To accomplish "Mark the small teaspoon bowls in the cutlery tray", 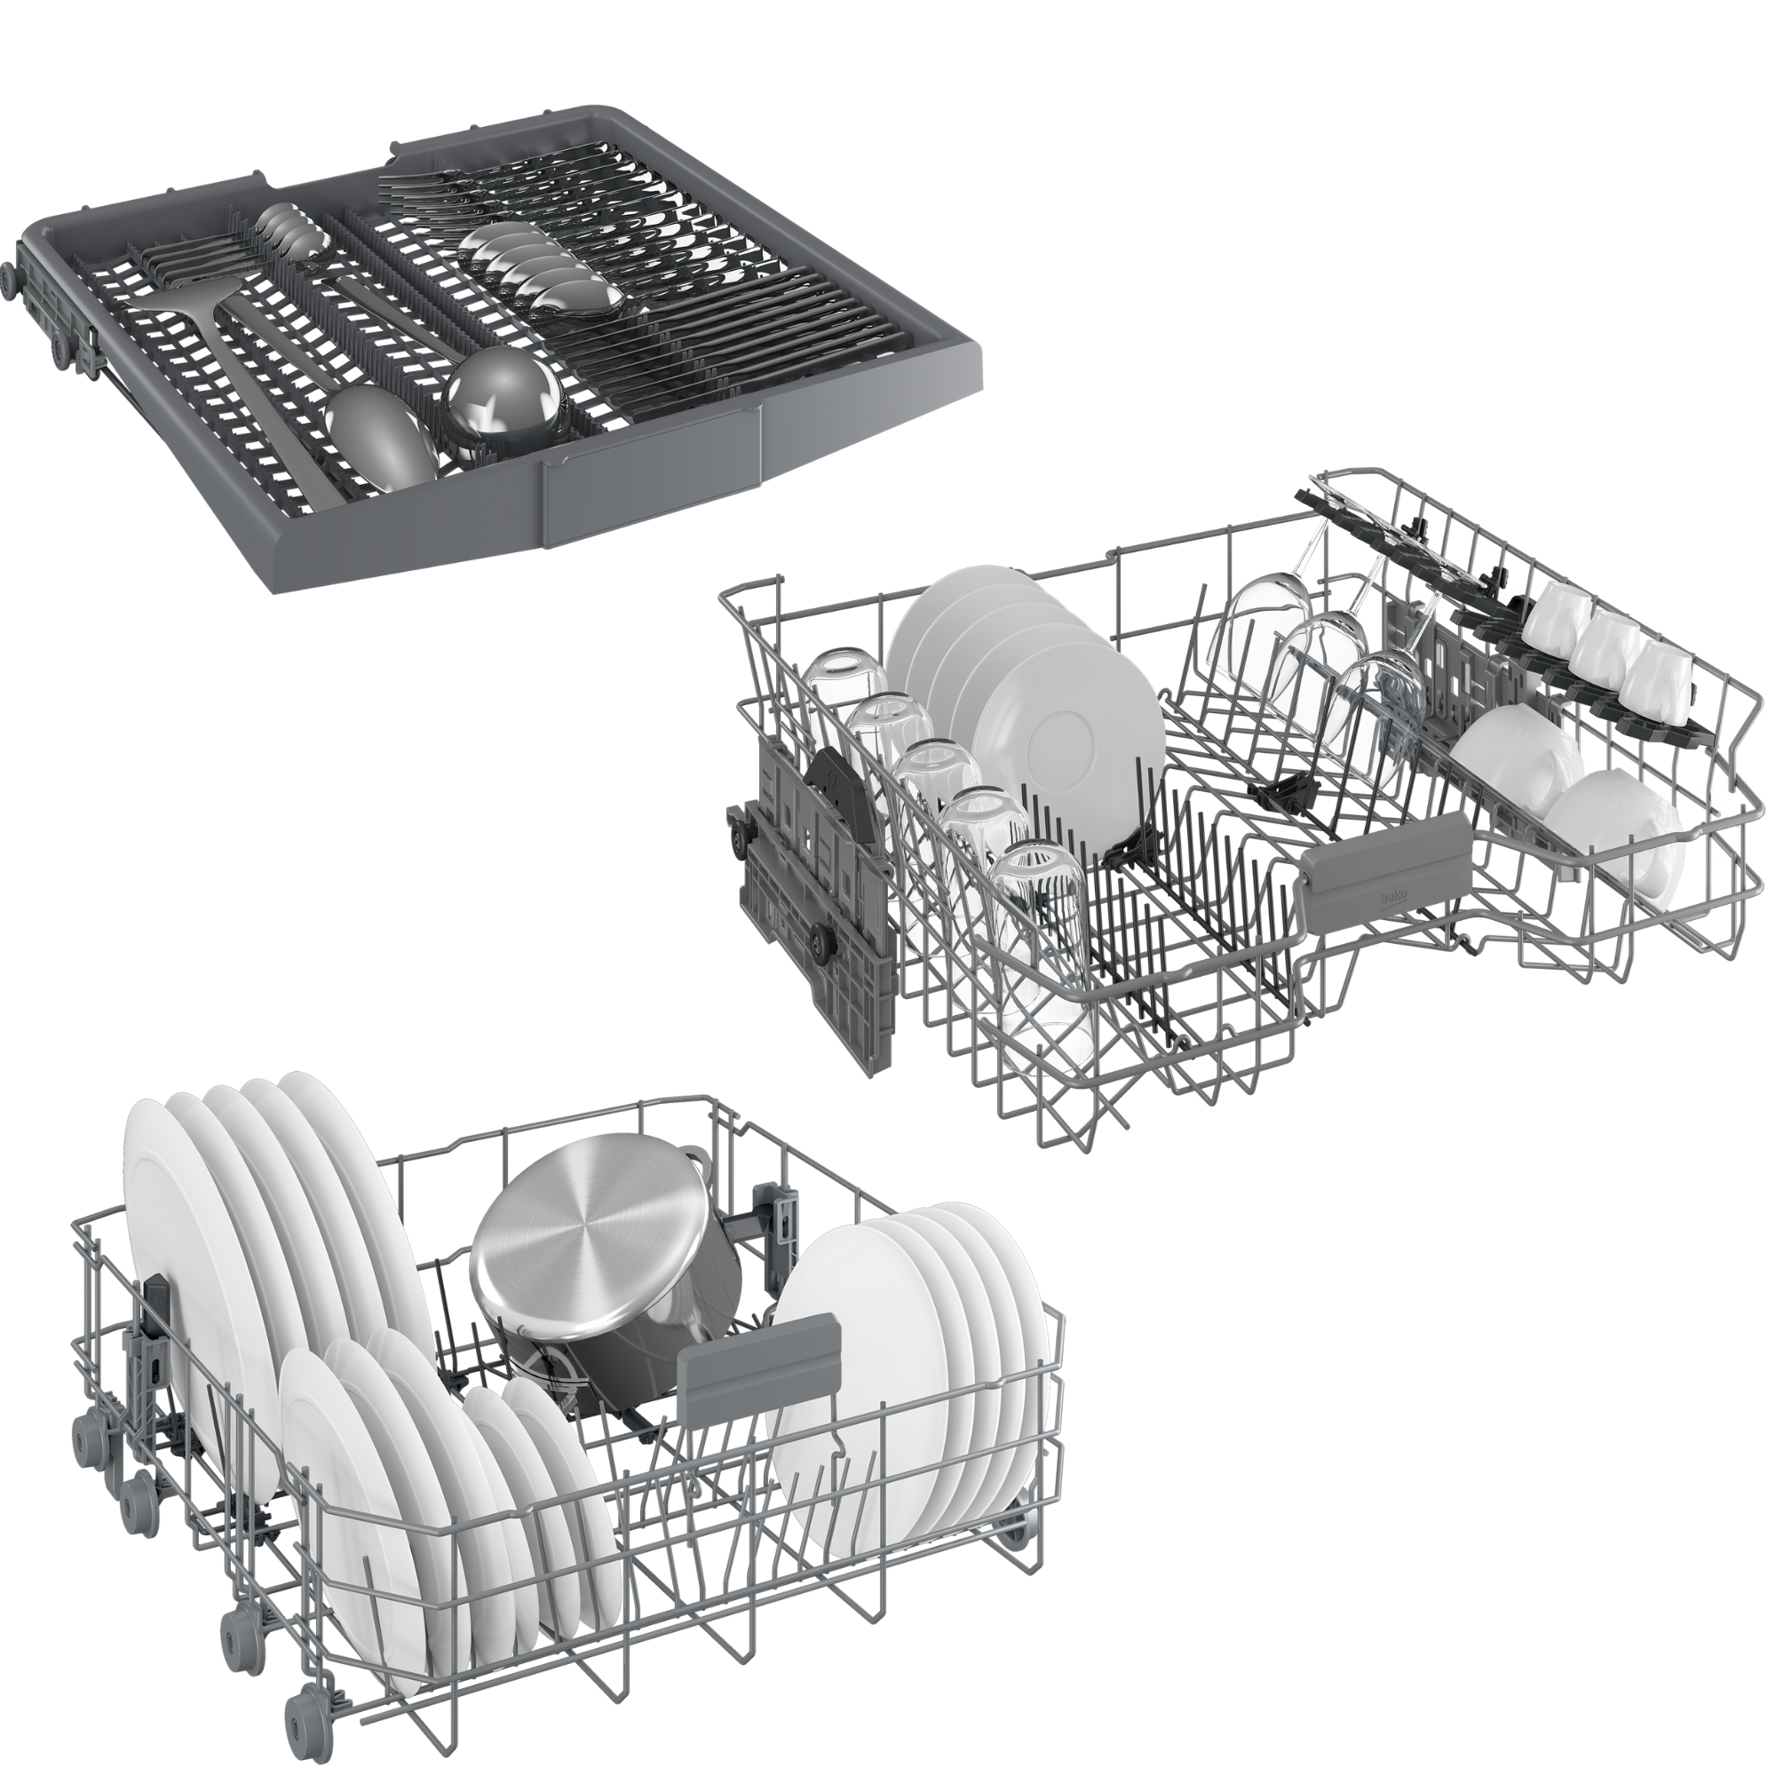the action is click(289, 226).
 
